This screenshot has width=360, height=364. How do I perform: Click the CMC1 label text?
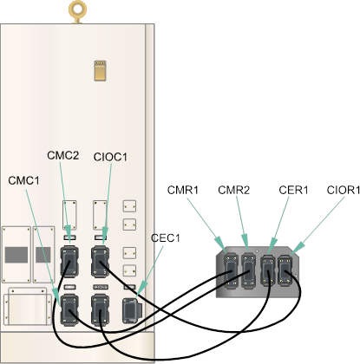tap(23, 180)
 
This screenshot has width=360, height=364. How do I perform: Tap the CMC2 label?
tap(62, 155)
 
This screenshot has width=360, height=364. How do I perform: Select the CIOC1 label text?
tap(110, 157)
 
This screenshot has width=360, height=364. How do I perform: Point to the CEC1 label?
tap(166, 238)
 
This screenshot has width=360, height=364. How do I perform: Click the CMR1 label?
tap(183, 190)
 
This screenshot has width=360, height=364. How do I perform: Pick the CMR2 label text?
tap(233, 190)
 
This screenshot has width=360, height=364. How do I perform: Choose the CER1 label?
tap(293, 190)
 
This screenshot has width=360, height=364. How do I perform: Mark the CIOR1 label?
tap(344, 190)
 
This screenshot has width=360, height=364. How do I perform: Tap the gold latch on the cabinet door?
tap(100, 70)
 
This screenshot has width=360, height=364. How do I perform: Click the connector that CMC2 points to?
tap(69, 262)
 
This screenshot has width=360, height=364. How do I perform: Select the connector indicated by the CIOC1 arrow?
tap(100, 262)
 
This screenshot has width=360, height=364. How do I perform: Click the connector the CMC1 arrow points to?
tap(69, 309)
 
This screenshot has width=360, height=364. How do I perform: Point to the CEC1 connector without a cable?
tap(132, 310)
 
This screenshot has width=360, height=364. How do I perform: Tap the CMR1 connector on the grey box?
tap(232, 271)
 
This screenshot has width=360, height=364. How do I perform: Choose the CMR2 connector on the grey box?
tap(248, 271)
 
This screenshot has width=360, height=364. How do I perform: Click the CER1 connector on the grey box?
tap(267, 271)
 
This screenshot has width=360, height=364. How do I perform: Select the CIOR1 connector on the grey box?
tap(285, 271)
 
